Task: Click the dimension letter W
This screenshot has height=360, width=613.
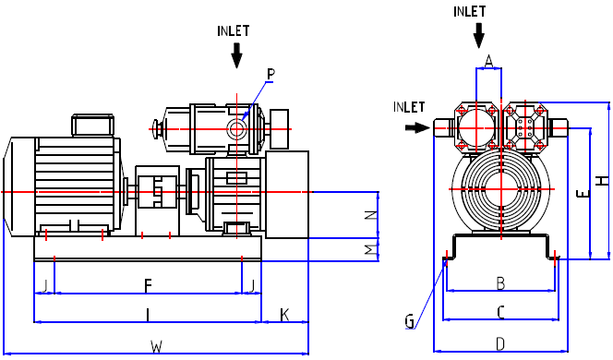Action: [x=156, y=346]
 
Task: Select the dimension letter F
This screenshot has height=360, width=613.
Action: [x=148, y=286]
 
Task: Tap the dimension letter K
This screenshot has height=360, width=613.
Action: [x=284, y=315]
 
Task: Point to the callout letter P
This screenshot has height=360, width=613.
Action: [x=270, y=74]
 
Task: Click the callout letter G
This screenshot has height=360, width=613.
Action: [x=409, y=321]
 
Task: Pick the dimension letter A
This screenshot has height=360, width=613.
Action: [x=488, y=61]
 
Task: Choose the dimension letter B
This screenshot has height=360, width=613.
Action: [x=500, y=283]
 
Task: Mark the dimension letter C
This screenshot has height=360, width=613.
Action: [x=500, y=312]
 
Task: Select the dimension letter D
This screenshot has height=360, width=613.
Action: [x=500, y=344]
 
